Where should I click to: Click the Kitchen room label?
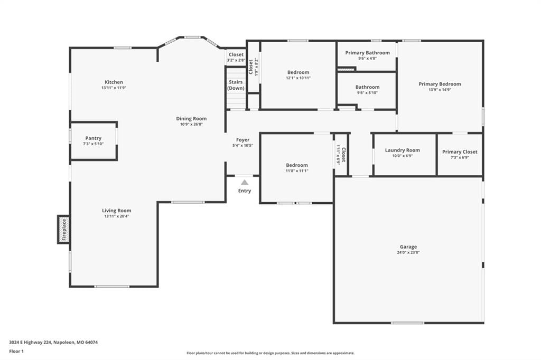[114, 82]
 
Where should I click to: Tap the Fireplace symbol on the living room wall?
[64, 229]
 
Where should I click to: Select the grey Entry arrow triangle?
[244, 182]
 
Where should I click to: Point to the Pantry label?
[93, 138]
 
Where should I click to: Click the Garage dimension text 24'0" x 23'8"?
[408, 252]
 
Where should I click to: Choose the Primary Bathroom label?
[368, 53]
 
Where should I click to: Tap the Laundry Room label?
[402, 150]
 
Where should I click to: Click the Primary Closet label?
[460, 151]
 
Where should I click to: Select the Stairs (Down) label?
[236, 85]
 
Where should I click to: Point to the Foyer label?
[242, 140]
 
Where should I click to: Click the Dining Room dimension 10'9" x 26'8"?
[191, 125]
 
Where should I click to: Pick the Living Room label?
[117, 211]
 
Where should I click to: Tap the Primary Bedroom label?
[440, 84]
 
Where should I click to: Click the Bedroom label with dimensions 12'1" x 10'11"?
[298, 72]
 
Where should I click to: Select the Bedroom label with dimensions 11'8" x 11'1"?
[297, 165]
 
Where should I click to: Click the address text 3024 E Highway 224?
[30, 343]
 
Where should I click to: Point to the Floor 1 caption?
[16, 352]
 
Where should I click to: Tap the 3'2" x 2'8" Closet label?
[236, 54]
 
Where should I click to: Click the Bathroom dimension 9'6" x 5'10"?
[368, 93]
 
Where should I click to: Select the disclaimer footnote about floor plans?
[270, 353]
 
